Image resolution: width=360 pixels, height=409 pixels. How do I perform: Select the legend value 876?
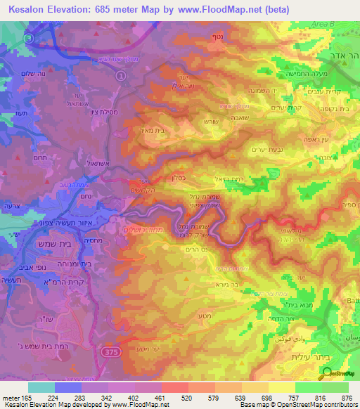[x=346, y=397]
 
